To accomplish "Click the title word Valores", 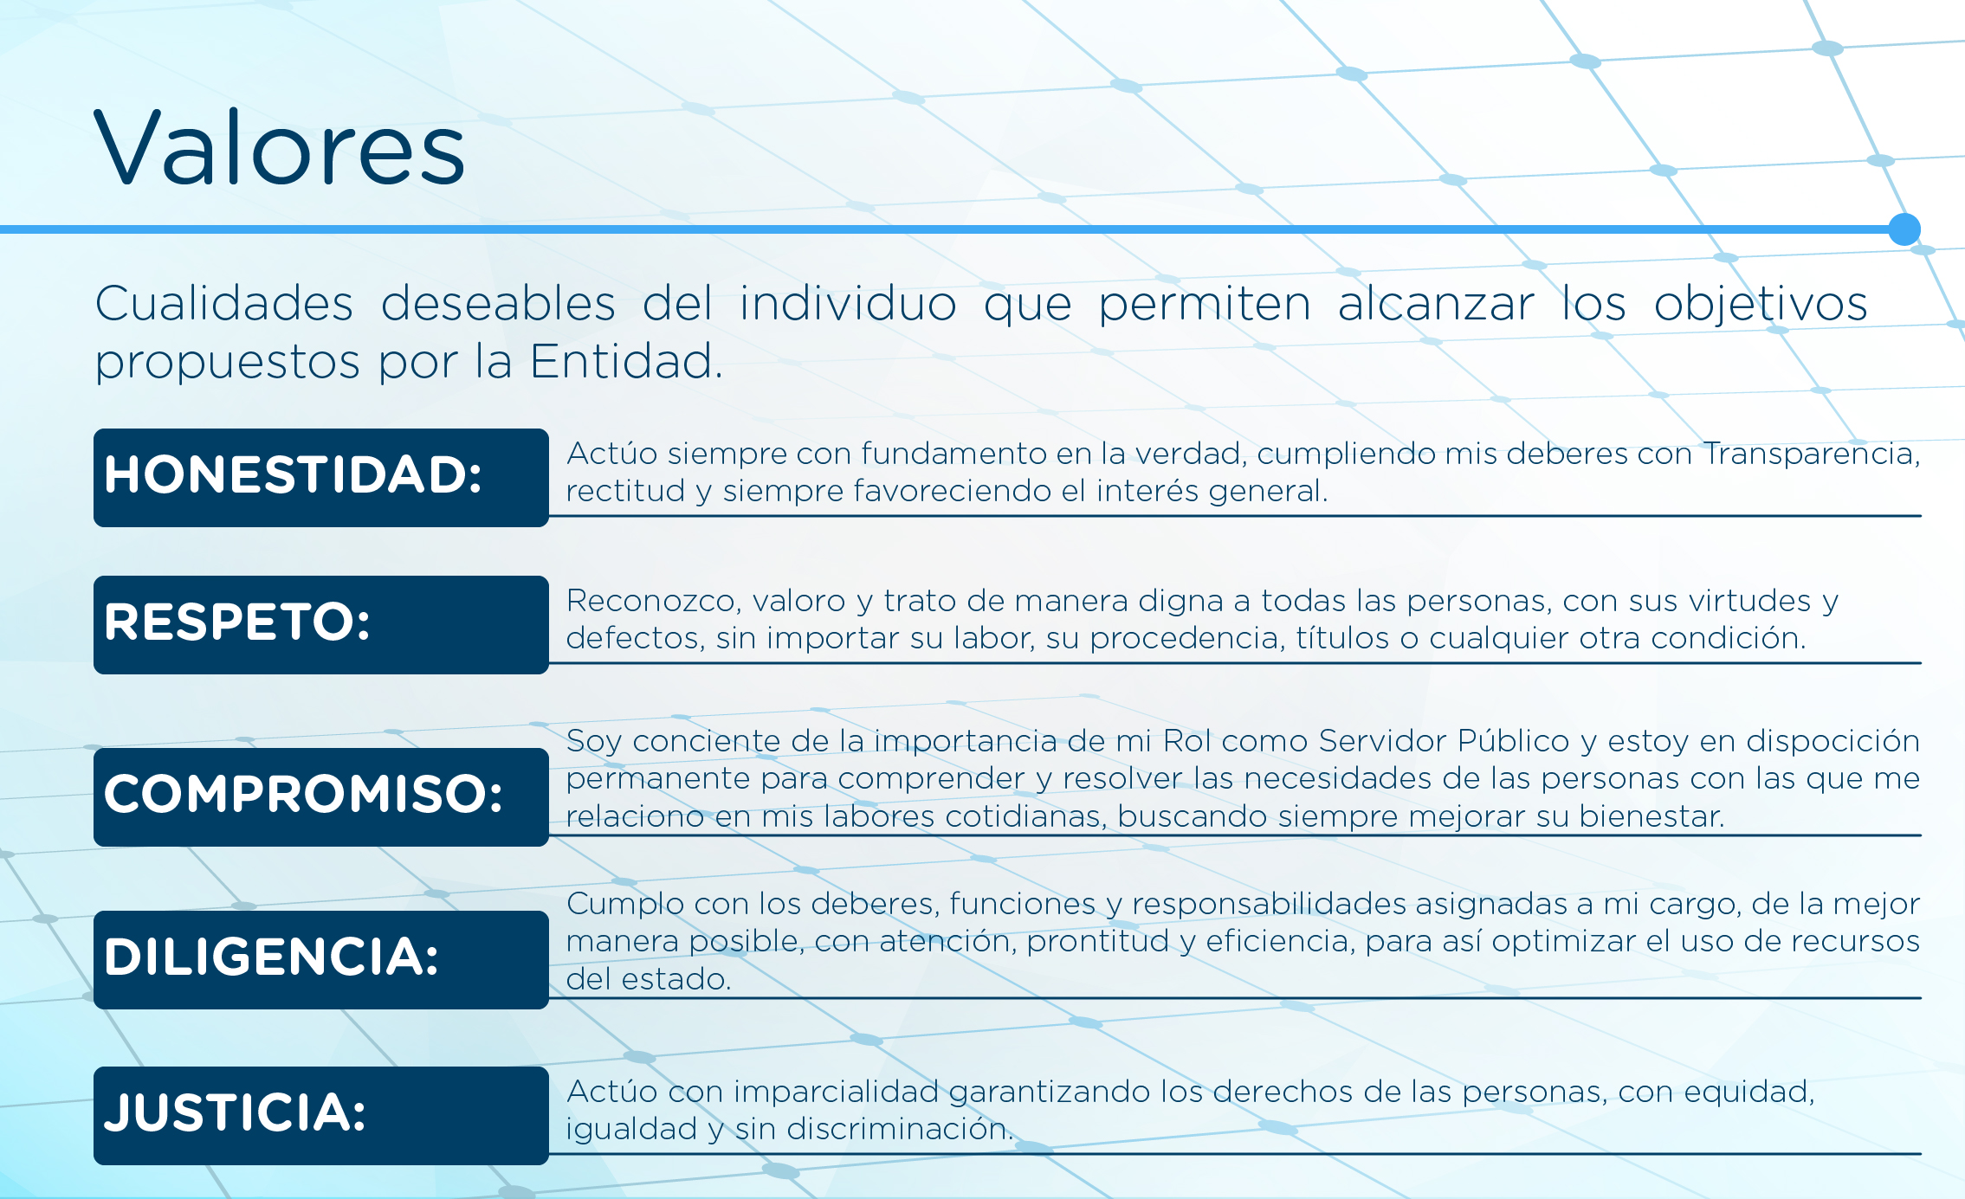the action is click(x=280, y=148).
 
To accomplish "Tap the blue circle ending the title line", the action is click(x=1904, y=229).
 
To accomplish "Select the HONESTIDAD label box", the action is click(x=321, y=478).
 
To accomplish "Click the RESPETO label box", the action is click(x=321, y=625).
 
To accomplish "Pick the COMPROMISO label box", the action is click(x=321, y=797).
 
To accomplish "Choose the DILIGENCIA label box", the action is click(x=321, y=960).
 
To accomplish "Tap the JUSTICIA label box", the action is click(x=321, y=1116).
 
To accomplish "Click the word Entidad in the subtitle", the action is click(x=625, y=361).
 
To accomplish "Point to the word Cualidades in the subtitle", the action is click(x=224, y=303).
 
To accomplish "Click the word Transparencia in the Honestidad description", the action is click(x=1812, y=454).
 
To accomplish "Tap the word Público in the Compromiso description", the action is click(x=1514, y=740).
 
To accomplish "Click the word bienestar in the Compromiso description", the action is click(x=1652, y=816).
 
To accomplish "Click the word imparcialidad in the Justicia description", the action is click(x=836, y=1092).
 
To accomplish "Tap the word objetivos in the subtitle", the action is click(x=1761, y=305).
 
